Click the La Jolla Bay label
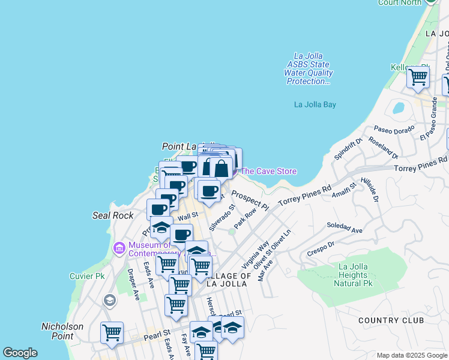[315, 104]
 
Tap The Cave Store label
[268, 171]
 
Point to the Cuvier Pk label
[91, 276]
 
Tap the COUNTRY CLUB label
[391, 320]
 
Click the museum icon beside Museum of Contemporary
[119, 247]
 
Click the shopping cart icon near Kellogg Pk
[417, 77]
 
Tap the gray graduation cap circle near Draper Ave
[109, 300]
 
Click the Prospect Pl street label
[249, 199]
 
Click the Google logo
[20, 353]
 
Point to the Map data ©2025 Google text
[411, 355]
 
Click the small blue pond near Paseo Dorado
[397, 109]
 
